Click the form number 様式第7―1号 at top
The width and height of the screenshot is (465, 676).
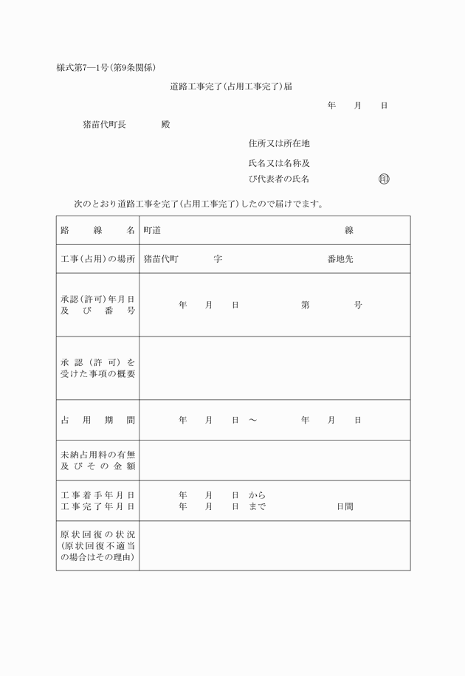coord(81,68)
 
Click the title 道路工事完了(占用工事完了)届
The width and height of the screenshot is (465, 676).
coord(231,86)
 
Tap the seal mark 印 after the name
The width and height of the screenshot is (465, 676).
coord(384,179)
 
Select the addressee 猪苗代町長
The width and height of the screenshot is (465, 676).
coord(104,125)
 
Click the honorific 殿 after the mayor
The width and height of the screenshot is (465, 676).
coord(165,125)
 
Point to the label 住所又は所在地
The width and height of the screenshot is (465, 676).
coord(279,143)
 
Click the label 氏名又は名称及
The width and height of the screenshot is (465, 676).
coord(279,163)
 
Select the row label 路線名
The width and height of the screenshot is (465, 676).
coord(97,230)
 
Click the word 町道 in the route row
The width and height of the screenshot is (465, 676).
coord(152,230)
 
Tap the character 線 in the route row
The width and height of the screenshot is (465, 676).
coord(349,230)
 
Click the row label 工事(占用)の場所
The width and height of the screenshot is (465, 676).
coord(97,259)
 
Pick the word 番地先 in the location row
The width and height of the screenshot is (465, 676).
coord(340,259)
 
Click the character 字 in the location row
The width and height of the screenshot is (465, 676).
coord(218,259)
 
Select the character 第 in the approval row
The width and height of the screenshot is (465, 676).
coord(305,305)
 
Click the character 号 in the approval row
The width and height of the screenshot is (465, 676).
coord(358,305)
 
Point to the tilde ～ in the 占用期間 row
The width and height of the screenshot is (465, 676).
coord(252,420)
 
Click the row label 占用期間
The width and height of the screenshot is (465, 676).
coord(97,420)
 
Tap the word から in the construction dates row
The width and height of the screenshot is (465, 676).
coord(257,495)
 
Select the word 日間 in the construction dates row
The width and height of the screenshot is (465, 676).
coord(345,506)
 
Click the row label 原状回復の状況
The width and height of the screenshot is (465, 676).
coord(97,534)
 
